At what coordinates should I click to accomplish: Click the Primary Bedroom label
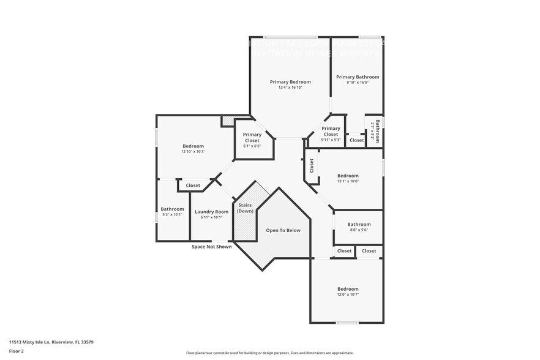click(x=290, y=82)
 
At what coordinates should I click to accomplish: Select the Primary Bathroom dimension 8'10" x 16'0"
click(x=358, y=83)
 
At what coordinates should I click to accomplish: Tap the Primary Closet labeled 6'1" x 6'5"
click(x=252, y=140)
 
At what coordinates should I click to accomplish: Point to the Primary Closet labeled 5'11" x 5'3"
click(x=331, y=134)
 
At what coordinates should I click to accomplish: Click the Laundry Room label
click(x=212, y=212)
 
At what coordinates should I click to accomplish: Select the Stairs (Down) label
click(x=246, y=208)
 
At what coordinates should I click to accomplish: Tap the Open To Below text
click(x=283, y=230)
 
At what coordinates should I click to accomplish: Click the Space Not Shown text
click(x=211, y=247)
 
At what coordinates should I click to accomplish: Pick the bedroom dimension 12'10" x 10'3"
click(x=193, y=152)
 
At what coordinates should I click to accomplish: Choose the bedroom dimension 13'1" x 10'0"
click(x=348, y=181)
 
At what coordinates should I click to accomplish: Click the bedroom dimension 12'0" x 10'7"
click(x=348, y=294)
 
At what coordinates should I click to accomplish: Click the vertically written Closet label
click(x=311, y=165)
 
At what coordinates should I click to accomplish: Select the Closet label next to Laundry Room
click(x=193, y=186)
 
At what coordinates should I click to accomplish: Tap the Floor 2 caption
click(x=17, y=351)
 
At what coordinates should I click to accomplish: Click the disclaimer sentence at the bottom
click(x=269, y=353)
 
